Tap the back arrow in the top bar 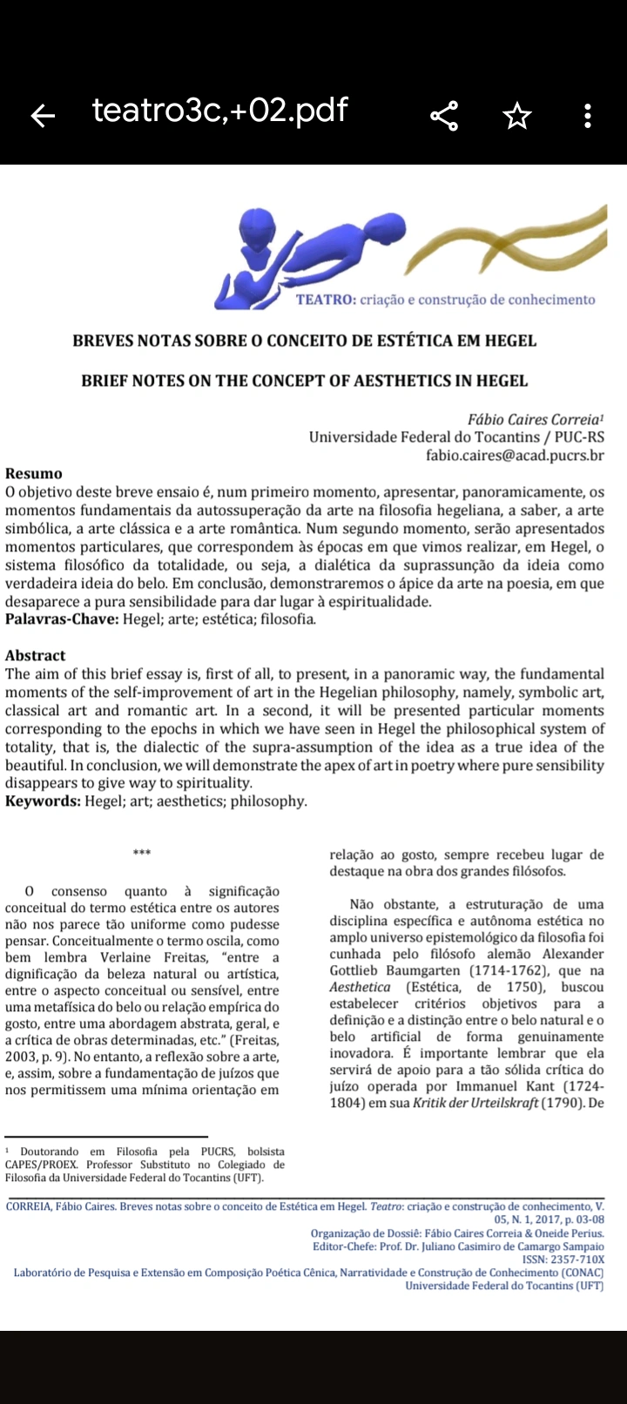[42, 115]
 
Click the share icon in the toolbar [444, 115]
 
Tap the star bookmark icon [517, 115]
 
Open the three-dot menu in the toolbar [588, 115]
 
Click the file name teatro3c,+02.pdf [219, 111]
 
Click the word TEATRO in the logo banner [325, 300]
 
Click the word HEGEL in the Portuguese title [509, 341]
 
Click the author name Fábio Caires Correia [535, 420]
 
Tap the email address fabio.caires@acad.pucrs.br [514, 456]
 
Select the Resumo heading [34, 474]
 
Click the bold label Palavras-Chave [61, 619]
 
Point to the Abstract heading [36, 656]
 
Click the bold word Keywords [43, 801]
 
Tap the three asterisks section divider [142, 853]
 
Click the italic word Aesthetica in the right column [360, 987]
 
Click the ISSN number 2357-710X [576, 1259]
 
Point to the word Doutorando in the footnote [49, 1151]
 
